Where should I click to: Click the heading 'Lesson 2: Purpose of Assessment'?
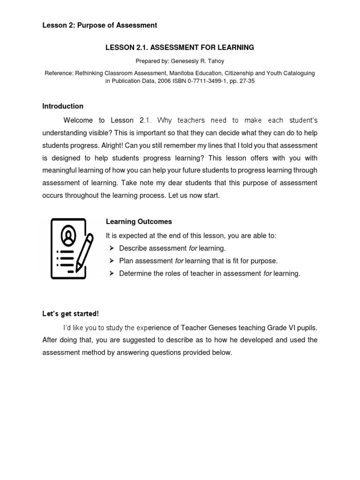coord(99,25)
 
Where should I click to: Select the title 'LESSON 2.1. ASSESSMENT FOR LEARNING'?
coord(180,47)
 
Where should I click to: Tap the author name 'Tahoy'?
coord(215,61)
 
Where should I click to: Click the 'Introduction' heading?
coord(63,106)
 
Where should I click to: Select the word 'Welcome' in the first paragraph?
coord(78,120)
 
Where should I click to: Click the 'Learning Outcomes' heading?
coord(139,222)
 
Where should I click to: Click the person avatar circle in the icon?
coord(68,236)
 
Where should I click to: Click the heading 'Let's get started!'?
coord(70,314)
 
